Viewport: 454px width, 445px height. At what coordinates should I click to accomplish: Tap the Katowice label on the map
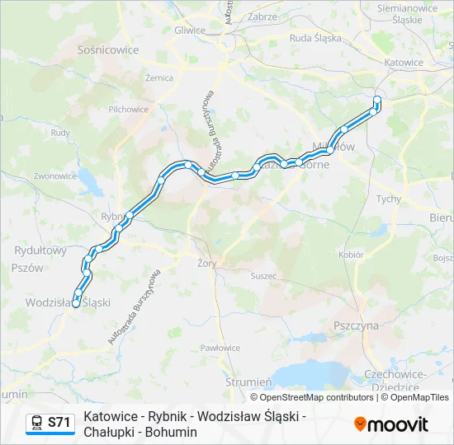pyautogui.click(x=404, y=62)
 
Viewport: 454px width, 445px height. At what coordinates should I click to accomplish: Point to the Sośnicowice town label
pyautogui.click(x=107, y=49)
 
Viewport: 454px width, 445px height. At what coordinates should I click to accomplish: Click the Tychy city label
pyautogui.click(x=388, y=199)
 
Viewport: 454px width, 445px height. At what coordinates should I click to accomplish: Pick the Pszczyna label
pyautogui.click(x=356, y=326)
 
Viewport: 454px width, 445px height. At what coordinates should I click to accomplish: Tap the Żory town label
pyautogui.click(x=206, y=264)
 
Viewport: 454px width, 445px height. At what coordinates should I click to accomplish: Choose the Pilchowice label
pyautogui.click(x=128, y=109)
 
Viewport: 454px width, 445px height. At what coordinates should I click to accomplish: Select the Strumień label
pyautogui.click(x=248, y=382)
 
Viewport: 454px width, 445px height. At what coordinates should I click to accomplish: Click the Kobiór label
pyautogui.click(x=351, y=255)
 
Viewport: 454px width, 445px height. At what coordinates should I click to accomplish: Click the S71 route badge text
pyautogui.click(x=59, y=423)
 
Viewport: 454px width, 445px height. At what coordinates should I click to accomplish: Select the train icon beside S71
pyautogui.click(x=36, y=423)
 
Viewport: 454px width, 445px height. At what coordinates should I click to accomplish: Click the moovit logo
pyautogui.click(x=391, y=424)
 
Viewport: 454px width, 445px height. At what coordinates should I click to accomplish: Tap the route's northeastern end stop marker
pyautogui.click(x=377, y=100)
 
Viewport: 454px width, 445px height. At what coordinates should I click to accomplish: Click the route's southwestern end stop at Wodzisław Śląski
pyautogui.click(x=76, y=303)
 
